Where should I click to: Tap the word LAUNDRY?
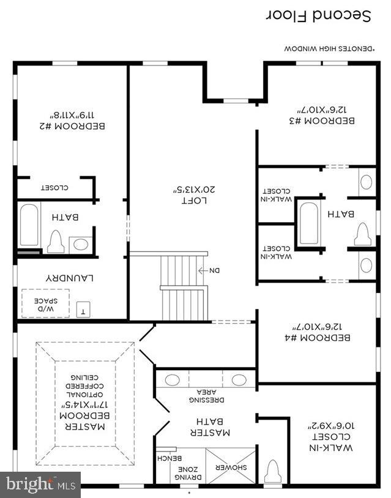(71, 277)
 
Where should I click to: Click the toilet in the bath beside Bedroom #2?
(56, 242)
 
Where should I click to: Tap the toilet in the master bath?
(273, 473)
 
